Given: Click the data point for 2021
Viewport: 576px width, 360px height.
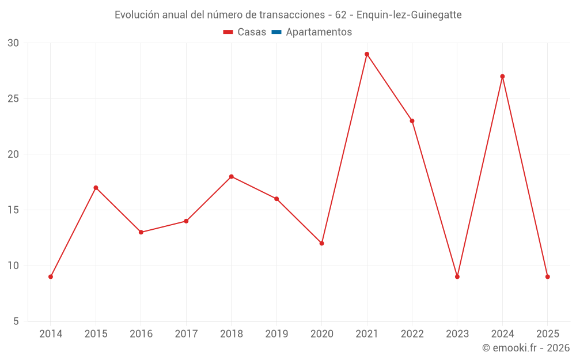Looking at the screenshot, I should [367, 54].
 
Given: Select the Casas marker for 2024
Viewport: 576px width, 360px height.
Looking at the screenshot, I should [502, 77].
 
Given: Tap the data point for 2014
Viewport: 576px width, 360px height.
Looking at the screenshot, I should [51, 276].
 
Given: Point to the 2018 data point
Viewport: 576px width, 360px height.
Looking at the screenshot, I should [232, 177].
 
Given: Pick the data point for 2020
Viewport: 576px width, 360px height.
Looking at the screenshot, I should [321, 243].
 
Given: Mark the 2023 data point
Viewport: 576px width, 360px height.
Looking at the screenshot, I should [457, 276].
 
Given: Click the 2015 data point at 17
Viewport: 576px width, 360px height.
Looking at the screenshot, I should [96, 188].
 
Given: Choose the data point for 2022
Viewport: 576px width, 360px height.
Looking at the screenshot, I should [412, 121].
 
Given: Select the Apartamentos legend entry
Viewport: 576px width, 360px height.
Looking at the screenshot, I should [319, 32].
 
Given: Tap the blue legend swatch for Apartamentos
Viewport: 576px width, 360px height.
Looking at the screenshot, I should [276, 32].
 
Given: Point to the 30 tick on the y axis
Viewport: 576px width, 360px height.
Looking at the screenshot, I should [13, 43].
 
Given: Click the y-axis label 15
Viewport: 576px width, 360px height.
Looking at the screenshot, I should [13, 210].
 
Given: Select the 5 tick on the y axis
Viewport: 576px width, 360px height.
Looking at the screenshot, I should [16, 321].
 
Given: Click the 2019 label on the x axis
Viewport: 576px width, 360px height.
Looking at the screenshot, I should [276, 334].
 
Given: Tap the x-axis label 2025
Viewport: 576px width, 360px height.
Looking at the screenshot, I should [547, 334].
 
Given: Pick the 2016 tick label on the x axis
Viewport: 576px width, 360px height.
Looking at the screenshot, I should [141, 334].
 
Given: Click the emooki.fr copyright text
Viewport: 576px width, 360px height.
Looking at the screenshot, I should [526, 348].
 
